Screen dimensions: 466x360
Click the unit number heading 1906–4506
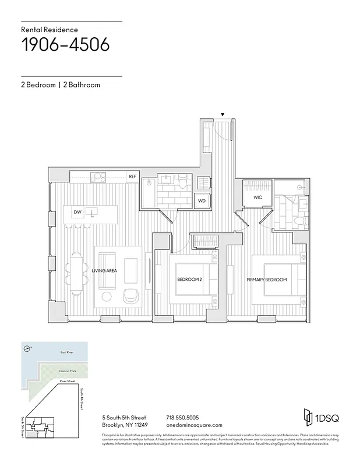pyautogui.click(x=65, y=45)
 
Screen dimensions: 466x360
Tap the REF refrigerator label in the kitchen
pyautogui.click(x=133, y=176)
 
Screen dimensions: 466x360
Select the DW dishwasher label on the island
pyautogui.click(x=77, y=212)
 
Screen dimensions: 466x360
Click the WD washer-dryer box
pyautogui.click(x=202, y=200)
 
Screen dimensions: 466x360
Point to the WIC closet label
pyautogui.click(x=258, y=198)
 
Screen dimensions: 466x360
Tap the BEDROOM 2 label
pyautogui.click(x=189, y=280)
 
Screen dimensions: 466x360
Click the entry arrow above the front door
pyautogui.click(x=222, y=115)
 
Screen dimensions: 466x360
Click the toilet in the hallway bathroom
pyautogui.click(x=182, y=184)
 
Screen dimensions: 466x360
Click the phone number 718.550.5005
pyautogui.click(x=182, y=418)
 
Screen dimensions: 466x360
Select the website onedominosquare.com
pyautogui.click(x=194, y=425)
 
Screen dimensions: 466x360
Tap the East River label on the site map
pyautogui.click(x=67, y=353)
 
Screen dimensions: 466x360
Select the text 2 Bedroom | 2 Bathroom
pyautogui.click(x=61, y=85)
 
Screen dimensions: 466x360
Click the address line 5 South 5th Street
pyautogui.click(x=124, y=418)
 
